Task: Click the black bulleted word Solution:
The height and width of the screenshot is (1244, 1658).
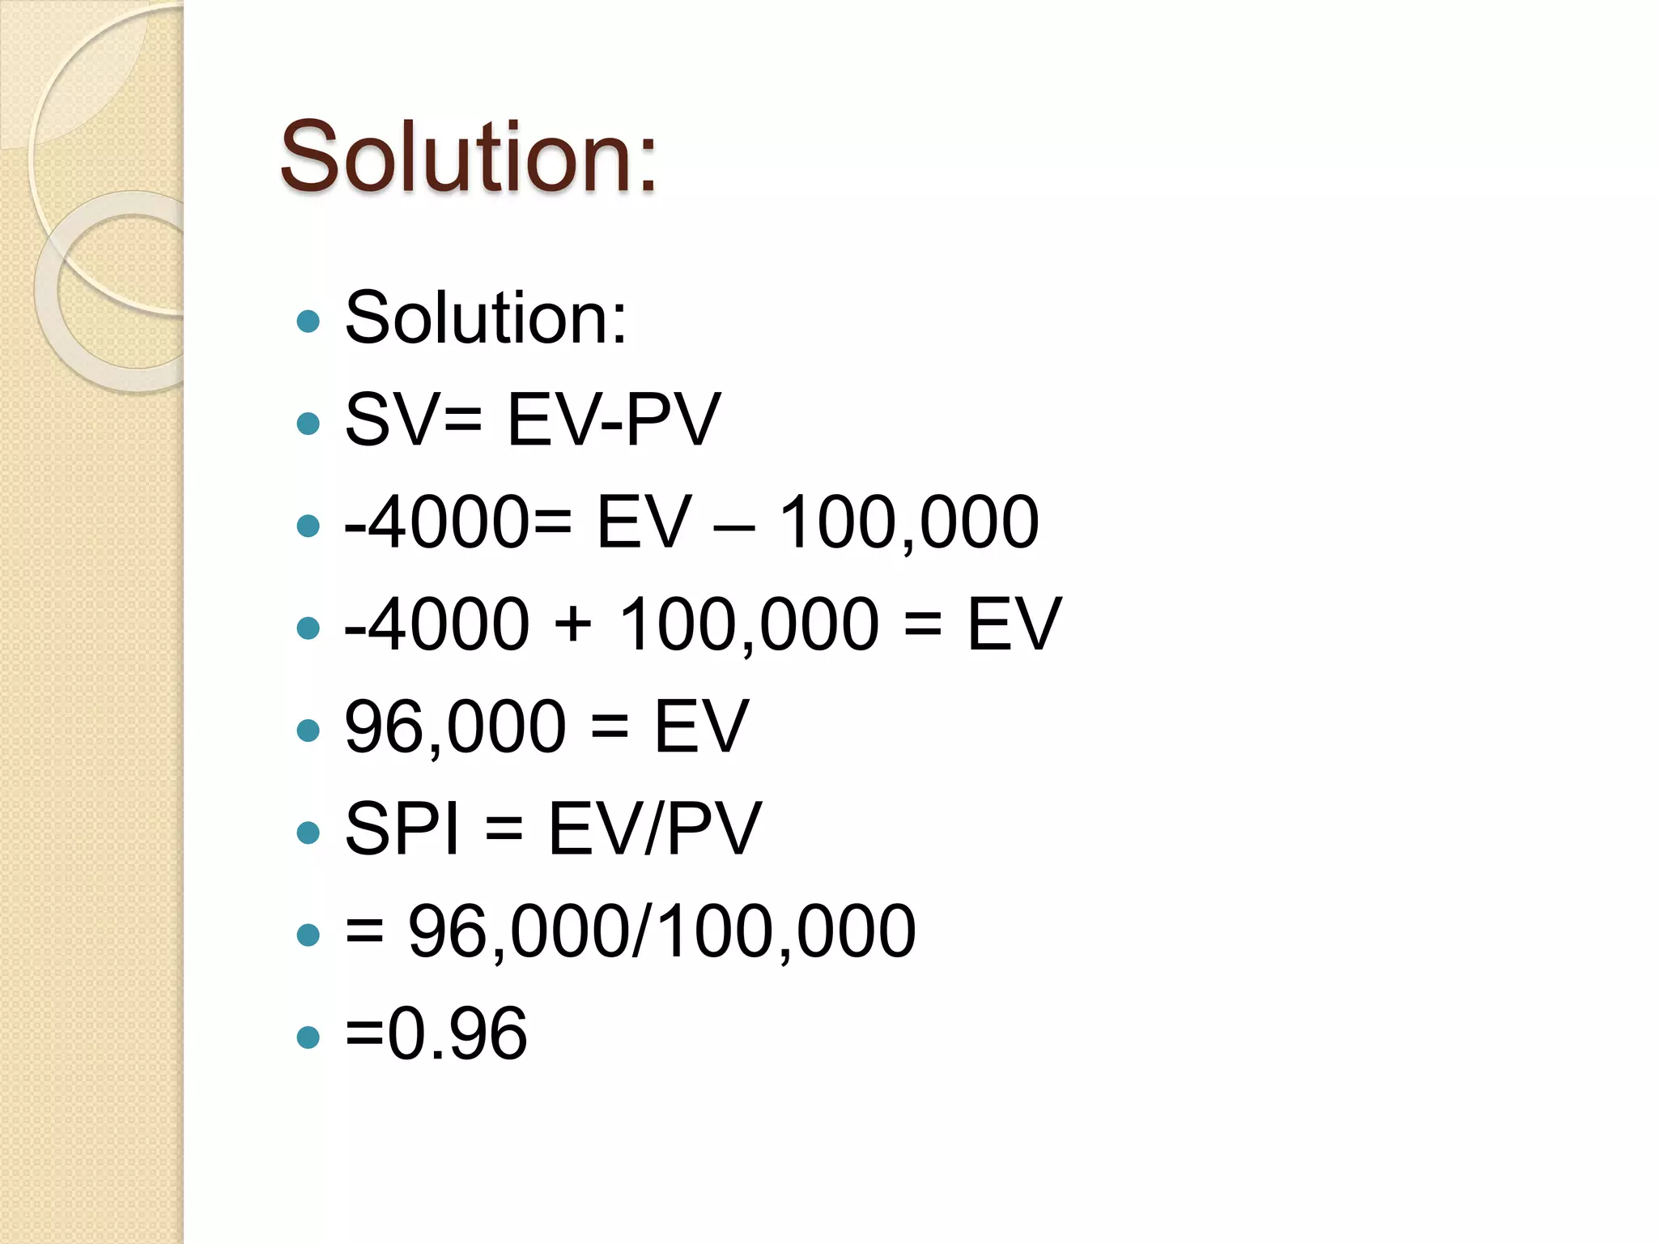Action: [486, 318]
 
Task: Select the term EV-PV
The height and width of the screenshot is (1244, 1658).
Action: [613, 420]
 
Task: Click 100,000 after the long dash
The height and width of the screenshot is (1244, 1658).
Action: [908, 522]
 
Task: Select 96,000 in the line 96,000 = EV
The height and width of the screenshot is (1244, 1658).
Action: [455, 726]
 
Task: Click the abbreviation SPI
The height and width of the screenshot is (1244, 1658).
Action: [402, 829]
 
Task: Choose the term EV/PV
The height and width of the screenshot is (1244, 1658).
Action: [655, 829]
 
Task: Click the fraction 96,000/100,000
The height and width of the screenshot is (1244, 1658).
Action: [661, 931]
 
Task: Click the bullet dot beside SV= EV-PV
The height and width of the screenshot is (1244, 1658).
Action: [308, 423]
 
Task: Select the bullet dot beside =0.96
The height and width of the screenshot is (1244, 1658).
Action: [308, 1037]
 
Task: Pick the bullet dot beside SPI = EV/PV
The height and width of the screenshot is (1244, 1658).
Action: [308, 832]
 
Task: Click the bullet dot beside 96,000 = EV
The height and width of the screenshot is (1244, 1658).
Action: [308, 730]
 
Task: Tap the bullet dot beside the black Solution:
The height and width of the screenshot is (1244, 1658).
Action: [308, 322]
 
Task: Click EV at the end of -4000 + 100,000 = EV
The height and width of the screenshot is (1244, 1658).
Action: [1014, 624]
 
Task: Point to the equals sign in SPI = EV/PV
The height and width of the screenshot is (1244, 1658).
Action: [504, 830]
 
